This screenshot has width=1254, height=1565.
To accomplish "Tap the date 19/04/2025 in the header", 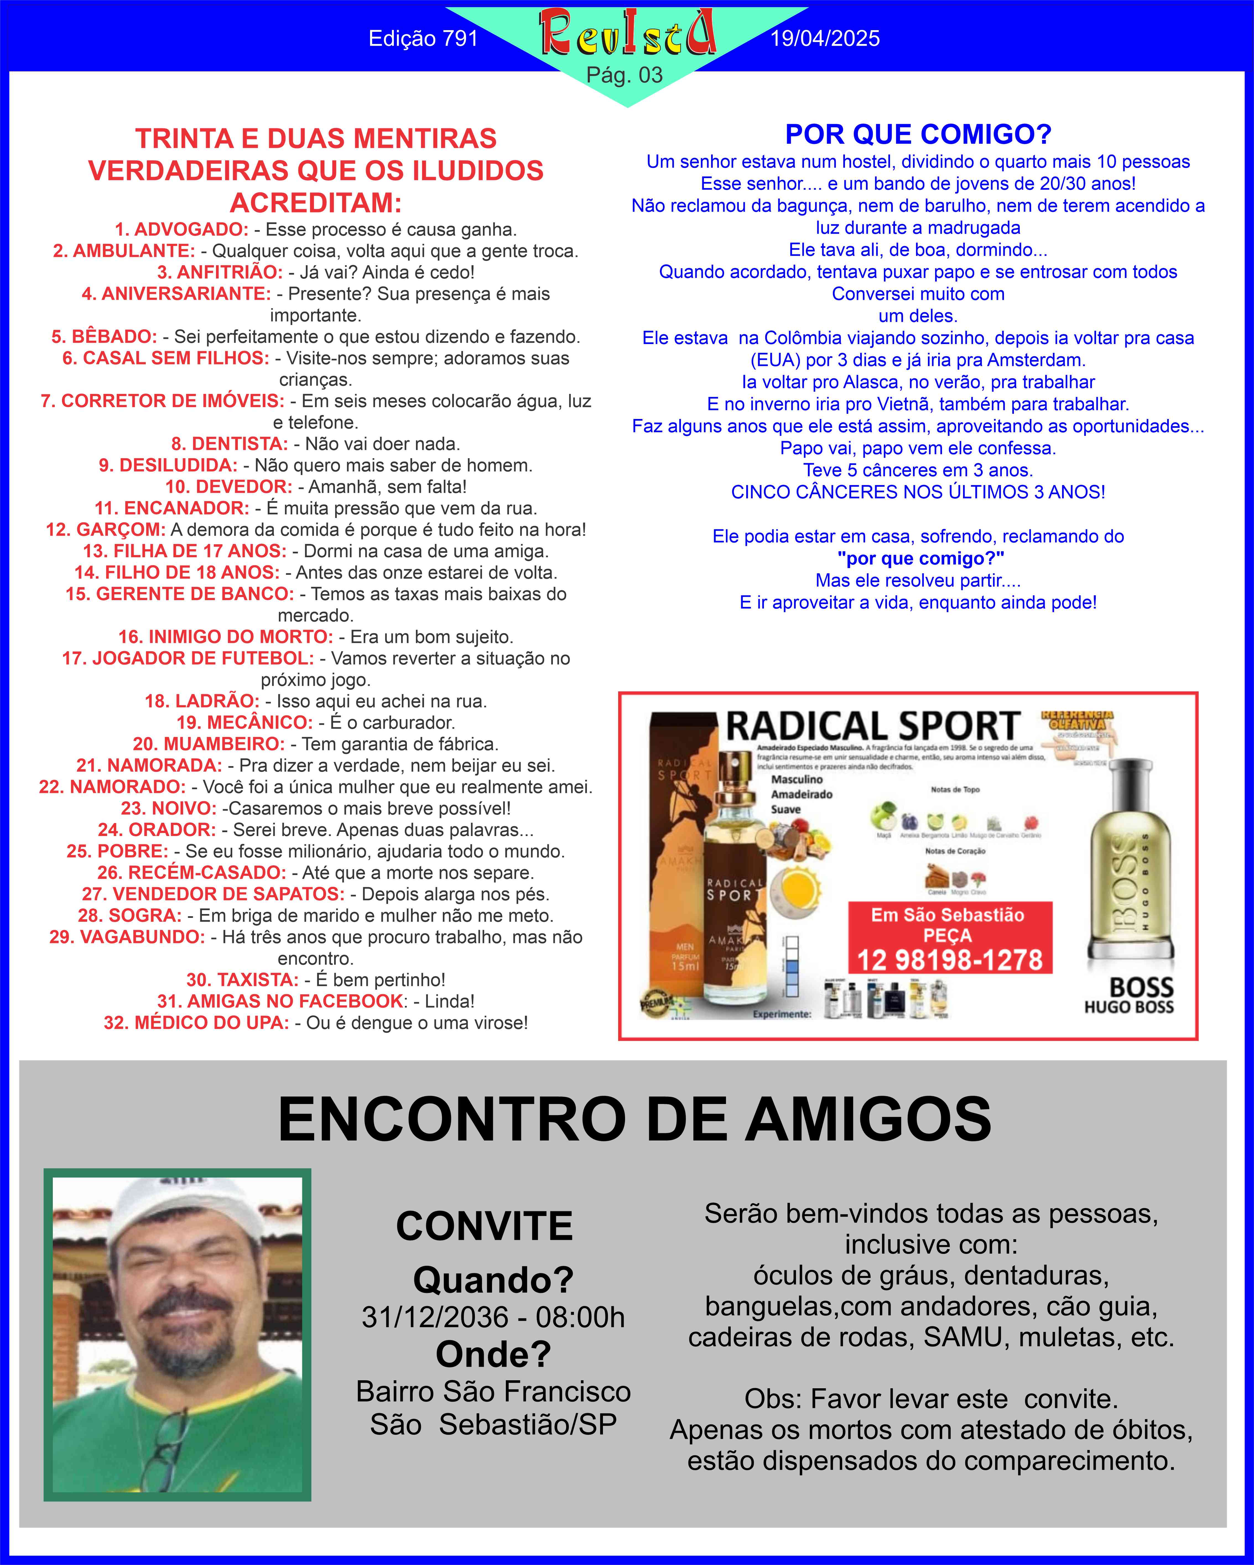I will coord(825,38).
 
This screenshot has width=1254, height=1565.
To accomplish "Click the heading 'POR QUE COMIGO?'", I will coord(918,134).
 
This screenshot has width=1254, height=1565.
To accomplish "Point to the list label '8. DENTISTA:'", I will coord(230,444).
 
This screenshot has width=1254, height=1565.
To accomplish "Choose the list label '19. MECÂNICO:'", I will coord(245,722).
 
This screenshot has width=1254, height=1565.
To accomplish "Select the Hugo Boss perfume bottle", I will coord(1128,864).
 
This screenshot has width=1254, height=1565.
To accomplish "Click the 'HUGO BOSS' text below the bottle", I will coord(1128,1007).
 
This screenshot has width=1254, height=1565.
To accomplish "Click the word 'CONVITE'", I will coord(484,1226).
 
